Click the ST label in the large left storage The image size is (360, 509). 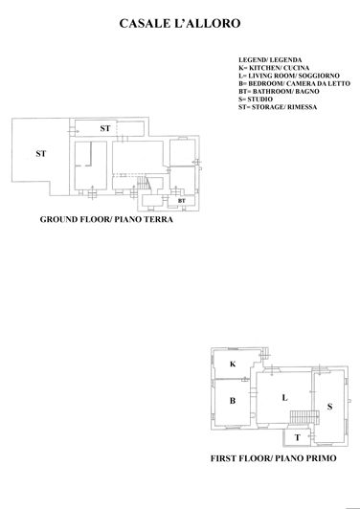point(40,153)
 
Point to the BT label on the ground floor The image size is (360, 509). point(181,201)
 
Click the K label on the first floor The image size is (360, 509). point(232,365)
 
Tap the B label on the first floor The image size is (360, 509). point(232,401)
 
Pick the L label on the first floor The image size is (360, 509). point(284,397)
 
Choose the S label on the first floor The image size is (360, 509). point(329,407)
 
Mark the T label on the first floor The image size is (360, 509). point(297,437)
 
